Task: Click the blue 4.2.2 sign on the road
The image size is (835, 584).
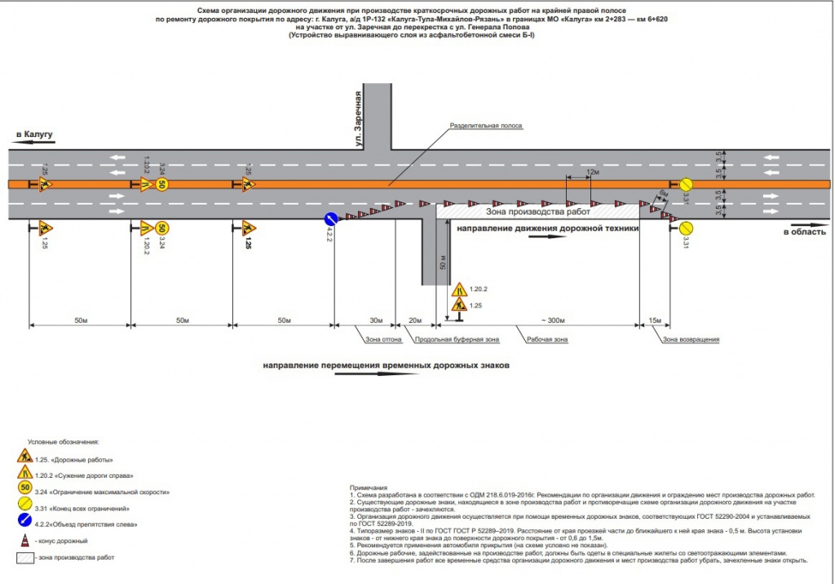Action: pos(331,218)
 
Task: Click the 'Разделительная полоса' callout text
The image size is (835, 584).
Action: pos(486,126)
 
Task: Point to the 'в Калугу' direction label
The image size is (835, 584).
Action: pos(33,133)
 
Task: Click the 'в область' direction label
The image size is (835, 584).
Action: pos(802,233)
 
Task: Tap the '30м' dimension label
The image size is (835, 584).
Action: pos(376,320)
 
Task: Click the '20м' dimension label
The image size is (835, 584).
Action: pos(415,320)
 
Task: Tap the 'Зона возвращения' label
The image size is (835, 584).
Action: pos(691,338)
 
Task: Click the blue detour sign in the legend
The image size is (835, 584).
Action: pos(25,523)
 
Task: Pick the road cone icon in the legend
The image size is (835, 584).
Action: pos(24,540)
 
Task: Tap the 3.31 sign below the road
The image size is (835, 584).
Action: pos(687,227)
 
